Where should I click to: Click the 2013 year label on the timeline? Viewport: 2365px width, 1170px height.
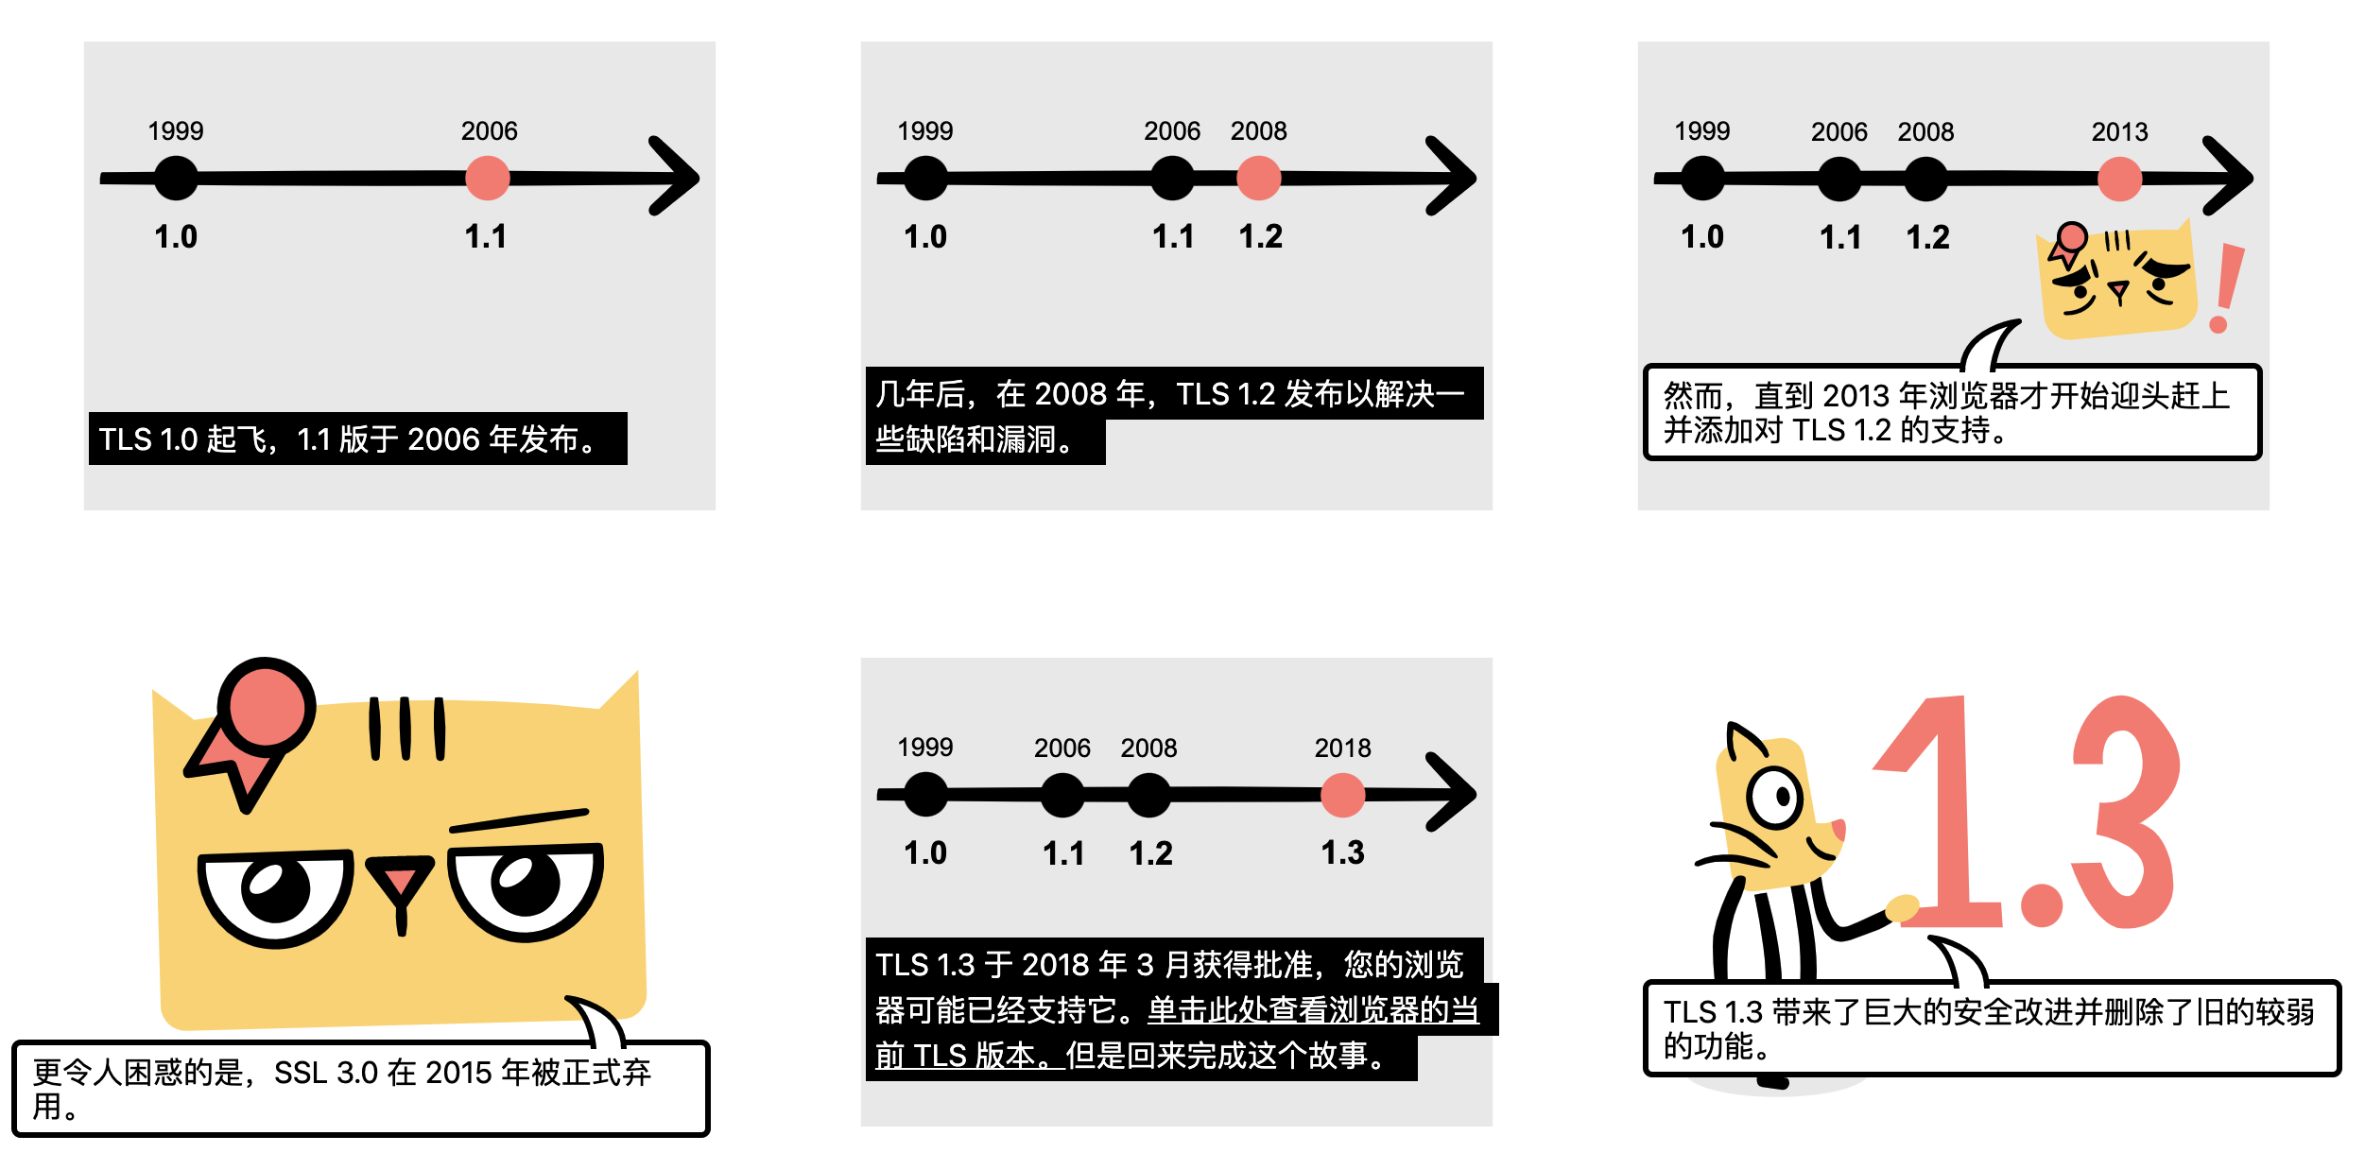[2119, 131]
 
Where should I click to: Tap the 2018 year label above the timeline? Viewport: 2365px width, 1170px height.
[1342, 748]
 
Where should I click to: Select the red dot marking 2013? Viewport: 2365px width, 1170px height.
[2119, 179]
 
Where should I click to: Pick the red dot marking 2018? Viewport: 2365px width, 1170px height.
[1342, 795]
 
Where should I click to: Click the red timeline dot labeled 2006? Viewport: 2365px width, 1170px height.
[488, 178]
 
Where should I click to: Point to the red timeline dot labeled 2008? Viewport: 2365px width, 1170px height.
[1258, 178]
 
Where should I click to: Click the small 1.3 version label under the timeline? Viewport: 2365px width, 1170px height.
[1342, 852]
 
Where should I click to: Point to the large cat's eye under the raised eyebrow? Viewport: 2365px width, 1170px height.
[526, 886]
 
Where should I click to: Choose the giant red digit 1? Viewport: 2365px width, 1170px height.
[1942, 813]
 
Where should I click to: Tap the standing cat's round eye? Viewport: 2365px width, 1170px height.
[1775, 797]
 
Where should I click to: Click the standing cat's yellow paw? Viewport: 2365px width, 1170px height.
[1902, 908]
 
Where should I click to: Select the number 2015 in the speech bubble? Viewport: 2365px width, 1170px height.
[458, 1073]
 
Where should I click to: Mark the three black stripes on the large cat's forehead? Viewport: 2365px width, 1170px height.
[406, 729]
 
